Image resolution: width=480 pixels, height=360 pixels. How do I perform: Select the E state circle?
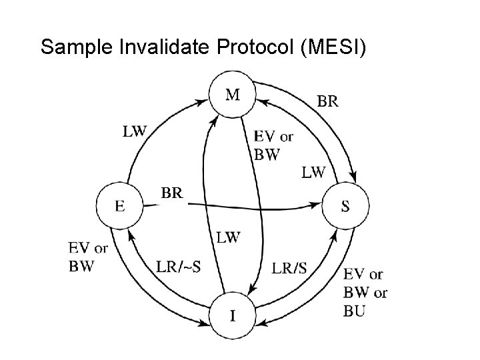click(119, 205)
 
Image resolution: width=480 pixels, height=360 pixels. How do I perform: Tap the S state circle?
click(345, 205)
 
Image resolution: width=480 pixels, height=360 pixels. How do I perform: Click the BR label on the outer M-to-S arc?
click(326, 102)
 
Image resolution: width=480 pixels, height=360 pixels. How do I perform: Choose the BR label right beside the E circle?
click(171, 193)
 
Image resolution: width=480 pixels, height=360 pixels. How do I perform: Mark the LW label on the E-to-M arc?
click(134, 131)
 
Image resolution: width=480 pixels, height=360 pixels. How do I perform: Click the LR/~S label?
click(179, 267)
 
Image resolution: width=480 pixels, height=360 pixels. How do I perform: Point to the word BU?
click(355, 310)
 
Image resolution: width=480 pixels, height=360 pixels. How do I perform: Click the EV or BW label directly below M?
click(272, 145)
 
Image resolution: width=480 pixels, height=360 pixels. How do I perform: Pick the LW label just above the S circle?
click(313, 173)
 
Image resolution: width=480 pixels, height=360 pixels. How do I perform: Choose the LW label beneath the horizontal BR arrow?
click(228, 237)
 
